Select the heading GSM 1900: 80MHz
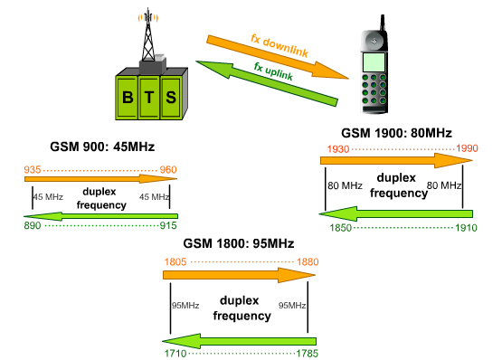coord(395,132)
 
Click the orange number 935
coord(33,169)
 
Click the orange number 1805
coord(176,262)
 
